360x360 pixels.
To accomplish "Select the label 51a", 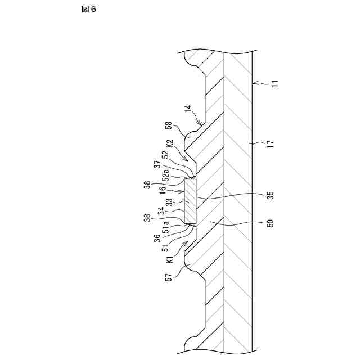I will point(166,228).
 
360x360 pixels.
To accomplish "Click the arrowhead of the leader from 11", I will point(255,83).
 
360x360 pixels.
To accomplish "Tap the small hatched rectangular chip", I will point(191,201).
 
